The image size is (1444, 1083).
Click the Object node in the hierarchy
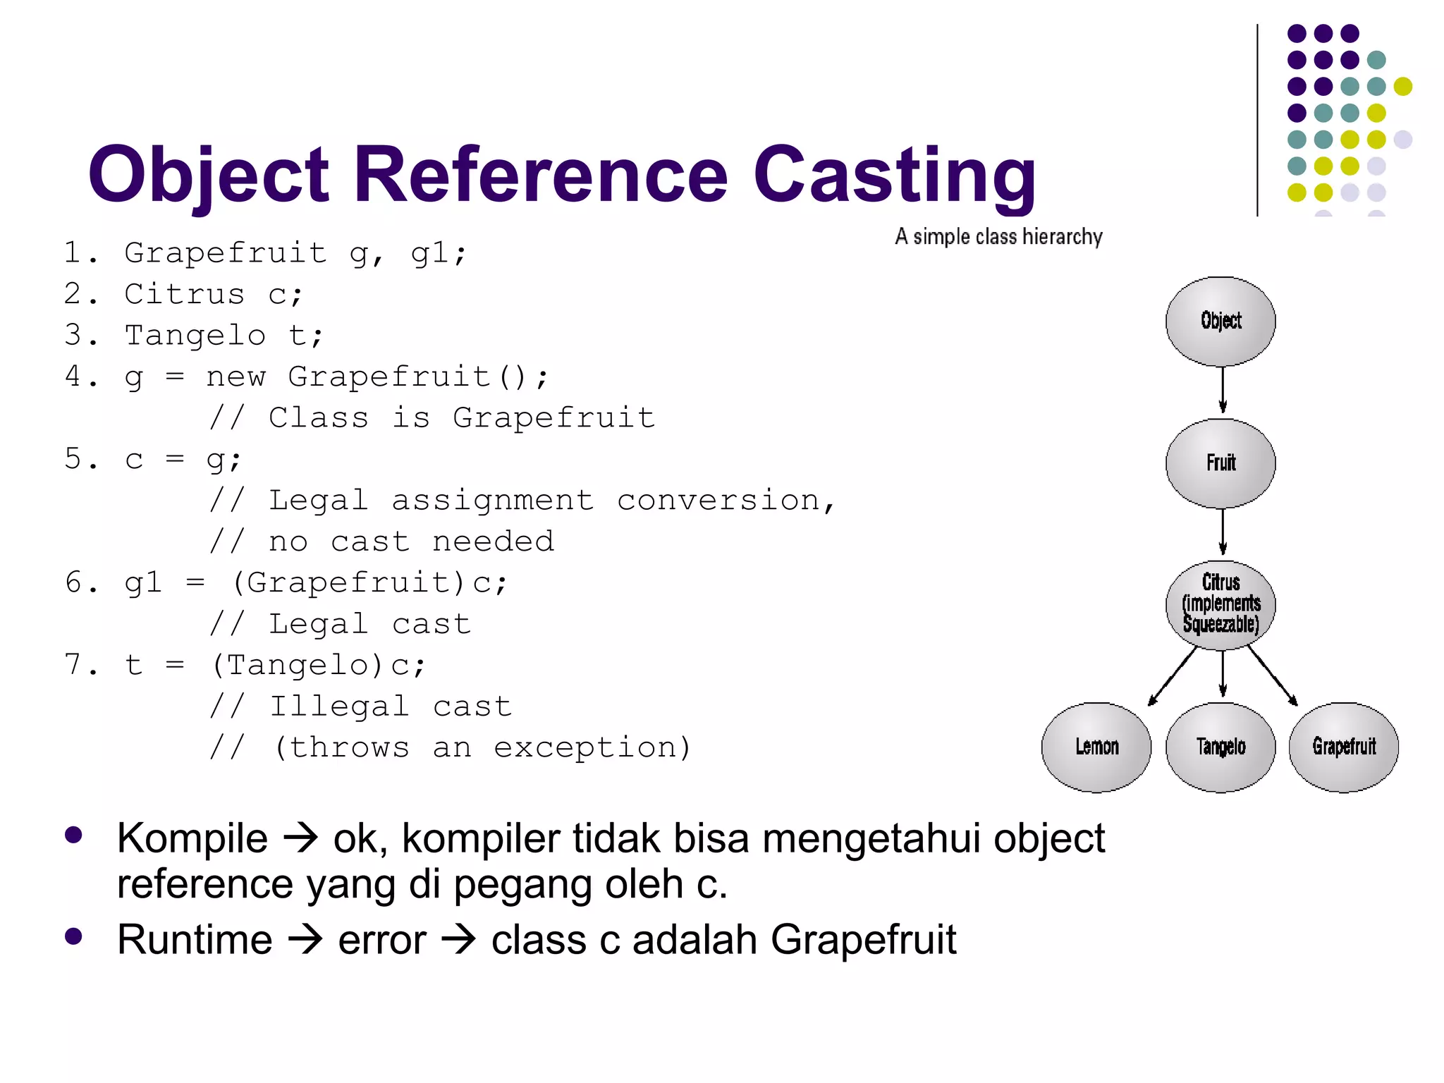[x=1220, y=322]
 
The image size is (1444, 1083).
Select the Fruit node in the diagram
[x=1220, y=463]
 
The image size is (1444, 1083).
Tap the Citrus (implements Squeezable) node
[x=1220, y=605]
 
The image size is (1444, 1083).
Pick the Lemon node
[x=1096, y=747]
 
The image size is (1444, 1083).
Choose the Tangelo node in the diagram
[x=1220, y=747]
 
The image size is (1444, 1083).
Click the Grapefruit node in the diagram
[x=1344, y=747]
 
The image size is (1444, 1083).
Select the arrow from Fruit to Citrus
[x=1223, y=532]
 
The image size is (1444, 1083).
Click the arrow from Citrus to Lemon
[x=1173, y=676]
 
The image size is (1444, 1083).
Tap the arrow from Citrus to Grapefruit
[x=1273, y=676]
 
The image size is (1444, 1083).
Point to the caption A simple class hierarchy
[x=998, y=237]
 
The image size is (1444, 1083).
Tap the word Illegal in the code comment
[x=339, y=706]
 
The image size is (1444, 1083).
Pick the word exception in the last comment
[x=585, y=747]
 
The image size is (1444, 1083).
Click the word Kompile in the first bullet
[x=192, y=838]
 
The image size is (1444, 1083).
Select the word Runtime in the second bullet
[x=195, y=940]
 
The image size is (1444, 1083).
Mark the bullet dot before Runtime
[x=73, y=936]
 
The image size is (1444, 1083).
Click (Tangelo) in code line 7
[x=297, y=665]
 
